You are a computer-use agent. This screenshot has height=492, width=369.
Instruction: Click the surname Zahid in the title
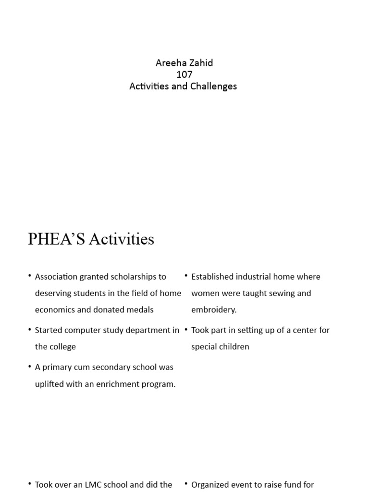[200, 63]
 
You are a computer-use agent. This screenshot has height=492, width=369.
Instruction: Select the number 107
[184, 74]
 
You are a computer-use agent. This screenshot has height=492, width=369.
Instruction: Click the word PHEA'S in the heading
[54, 239]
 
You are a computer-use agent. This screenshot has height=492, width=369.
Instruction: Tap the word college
[62, 347]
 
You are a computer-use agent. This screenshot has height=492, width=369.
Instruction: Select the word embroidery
[214, 310]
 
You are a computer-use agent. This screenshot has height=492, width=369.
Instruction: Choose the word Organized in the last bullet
[210, 485]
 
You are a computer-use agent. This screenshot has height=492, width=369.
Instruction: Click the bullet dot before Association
[30, 276]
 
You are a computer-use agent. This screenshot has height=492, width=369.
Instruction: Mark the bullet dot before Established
[186, 276]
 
